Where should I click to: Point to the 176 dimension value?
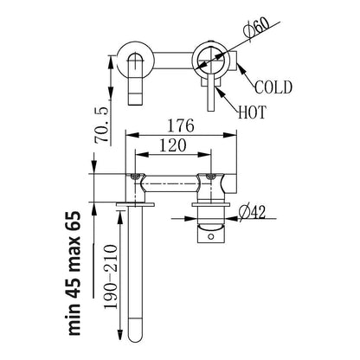tap(182, 127)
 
